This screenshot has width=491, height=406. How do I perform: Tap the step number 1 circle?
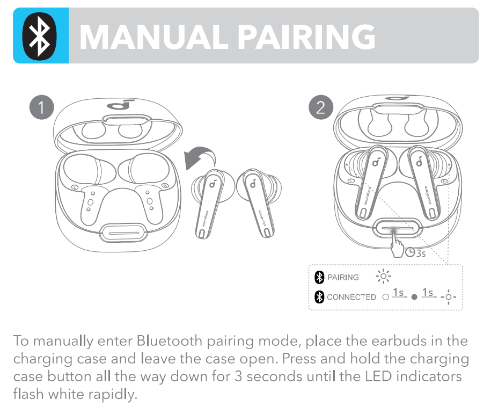click(x=41, y=108)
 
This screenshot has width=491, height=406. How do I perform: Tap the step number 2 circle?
click(x=320, y=108)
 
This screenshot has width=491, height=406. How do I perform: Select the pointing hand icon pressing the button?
click(x=398, y=247)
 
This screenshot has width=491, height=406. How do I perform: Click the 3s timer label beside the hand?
click(x=416, y=252)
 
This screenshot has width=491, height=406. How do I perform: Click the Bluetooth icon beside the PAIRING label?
click(x=319, y=278)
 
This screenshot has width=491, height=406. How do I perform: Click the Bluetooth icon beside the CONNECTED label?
click(x=319, y=297)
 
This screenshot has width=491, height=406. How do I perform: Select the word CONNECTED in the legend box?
click(x=351, y=297)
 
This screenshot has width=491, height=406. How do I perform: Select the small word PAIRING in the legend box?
click(x=343, y=278)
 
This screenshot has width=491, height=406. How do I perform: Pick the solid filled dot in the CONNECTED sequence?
click(x=414, y=298)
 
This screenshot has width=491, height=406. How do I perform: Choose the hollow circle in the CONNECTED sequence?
click(x=385, y=298)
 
